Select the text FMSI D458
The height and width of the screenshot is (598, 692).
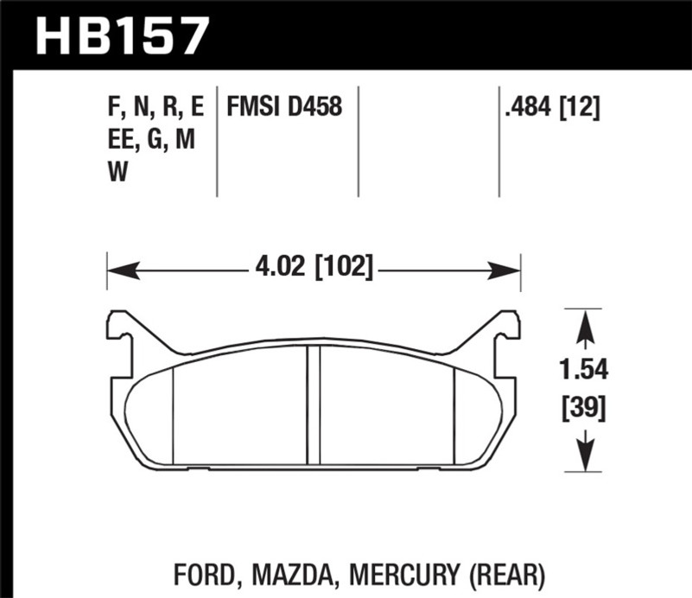tap(284, 107)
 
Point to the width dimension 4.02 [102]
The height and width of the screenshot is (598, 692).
tap(314, 267)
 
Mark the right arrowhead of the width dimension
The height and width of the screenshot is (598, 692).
tap(512, 268)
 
